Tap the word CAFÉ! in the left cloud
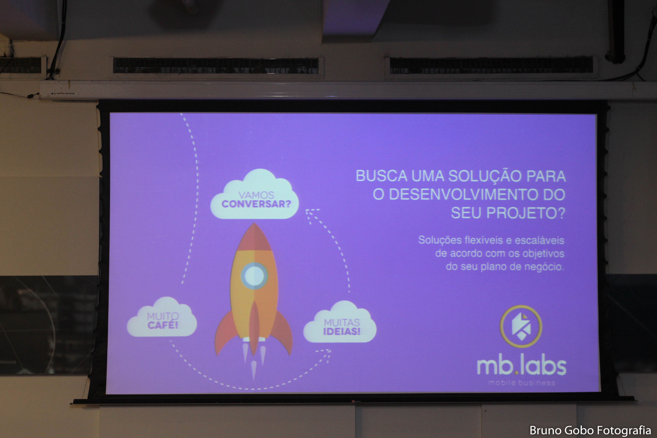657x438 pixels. tap(163, 325)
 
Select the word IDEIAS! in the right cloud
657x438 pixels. tap(342, 331)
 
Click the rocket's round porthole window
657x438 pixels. tap(254, 276)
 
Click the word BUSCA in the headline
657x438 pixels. tap(382, 176)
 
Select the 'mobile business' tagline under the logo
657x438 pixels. tap(522, 383)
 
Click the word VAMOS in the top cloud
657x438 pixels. tap(256, 195)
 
